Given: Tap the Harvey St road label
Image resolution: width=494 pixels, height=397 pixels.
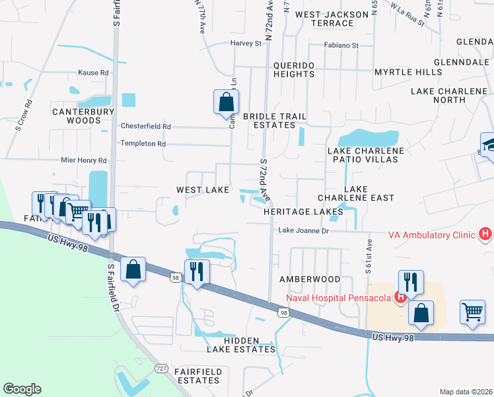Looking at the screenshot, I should (246, 44).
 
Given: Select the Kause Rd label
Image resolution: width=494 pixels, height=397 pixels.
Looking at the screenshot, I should (92, 73).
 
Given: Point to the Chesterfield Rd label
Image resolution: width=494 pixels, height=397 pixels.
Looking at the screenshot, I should (145, 126).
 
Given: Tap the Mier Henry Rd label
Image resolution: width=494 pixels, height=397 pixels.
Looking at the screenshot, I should (83, 161).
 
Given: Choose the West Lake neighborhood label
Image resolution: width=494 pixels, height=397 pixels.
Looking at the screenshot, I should (202, 190).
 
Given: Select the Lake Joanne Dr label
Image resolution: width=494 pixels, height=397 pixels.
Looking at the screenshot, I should (303, 231).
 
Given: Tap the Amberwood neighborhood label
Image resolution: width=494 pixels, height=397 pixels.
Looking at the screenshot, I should (310, 280).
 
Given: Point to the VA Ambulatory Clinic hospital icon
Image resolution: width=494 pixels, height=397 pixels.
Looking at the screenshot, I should (486, 234).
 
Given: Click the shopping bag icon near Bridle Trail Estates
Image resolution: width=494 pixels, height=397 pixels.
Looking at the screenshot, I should (226, 102).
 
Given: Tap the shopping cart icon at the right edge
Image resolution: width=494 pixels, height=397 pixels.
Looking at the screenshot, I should (472, 311).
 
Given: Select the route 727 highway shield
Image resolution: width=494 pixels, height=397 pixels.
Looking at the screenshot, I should (160, 367).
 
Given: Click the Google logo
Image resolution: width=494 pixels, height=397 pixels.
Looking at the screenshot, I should (22, 389).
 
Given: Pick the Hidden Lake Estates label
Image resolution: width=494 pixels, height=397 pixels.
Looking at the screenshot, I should (249, 344).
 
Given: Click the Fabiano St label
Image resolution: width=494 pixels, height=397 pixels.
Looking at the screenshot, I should (341, 46).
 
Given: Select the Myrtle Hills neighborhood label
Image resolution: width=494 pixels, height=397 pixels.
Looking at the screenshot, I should (407, 71).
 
